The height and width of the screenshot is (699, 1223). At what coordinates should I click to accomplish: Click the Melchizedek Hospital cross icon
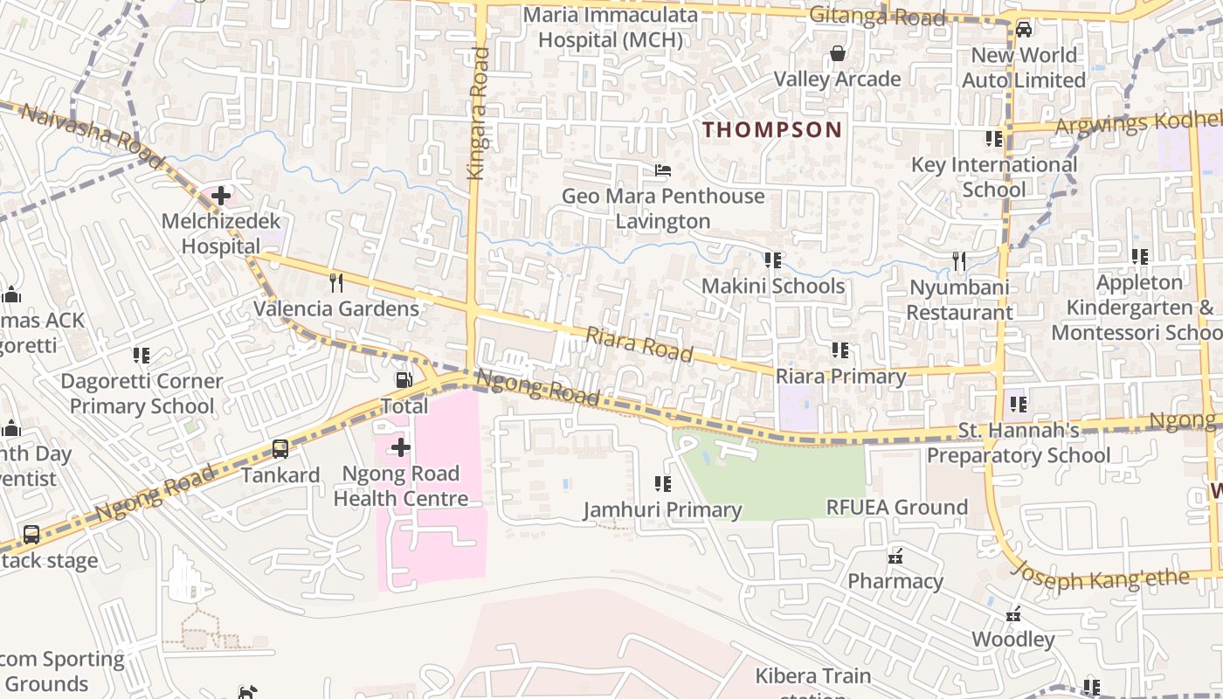(x=221, y=196)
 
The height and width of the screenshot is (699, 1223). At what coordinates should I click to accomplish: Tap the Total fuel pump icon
(x=404, y=380)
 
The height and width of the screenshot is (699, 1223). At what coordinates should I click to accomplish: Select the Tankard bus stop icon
(x=280, y=449)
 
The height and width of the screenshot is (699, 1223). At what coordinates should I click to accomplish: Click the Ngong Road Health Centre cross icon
(x=400, y=448)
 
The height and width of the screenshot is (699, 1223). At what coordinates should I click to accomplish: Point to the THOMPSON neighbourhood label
(x=772, y=130)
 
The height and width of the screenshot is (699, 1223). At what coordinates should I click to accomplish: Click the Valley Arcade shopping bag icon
(x=837, y=54)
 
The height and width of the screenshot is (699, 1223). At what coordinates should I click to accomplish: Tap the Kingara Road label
(x=478, y=114)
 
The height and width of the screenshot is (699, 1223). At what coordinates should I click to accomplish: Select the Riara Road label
(x=639, y=344)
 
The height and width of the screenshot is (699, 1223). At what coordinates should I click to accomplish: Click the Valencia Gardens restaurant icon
(x=335, y=282)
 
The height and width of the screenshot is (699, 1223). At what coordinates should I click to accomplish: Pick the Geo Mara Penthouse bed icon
(x=663, y=170)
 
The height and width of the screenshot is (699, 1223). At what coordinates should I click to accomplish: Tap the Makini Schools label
(x=773, y=286)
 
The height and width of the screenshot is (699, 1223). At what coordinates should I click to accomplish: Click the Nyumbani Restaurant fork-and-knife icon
(x=958, y=260)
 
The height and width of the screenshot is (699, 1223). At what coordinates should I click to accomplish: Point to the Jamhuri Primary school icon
(x=662, y=483)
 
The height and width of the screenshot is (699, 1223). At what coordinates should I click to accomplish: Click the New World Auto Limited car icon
(x=1023, y=30)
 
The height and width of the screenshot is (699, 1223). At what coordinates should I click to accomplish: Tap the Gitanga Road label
(x=877, y=16)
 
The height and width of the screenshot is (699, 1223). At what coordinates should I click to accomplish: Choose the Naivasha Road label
(x=91, y=136)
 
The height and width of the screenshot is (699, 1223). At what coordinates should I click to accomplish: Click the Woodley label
(x=1013, y=639)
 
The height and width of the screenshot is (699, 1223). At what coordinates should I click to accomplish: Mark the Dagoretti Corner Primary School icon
(x=141, y=355)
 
